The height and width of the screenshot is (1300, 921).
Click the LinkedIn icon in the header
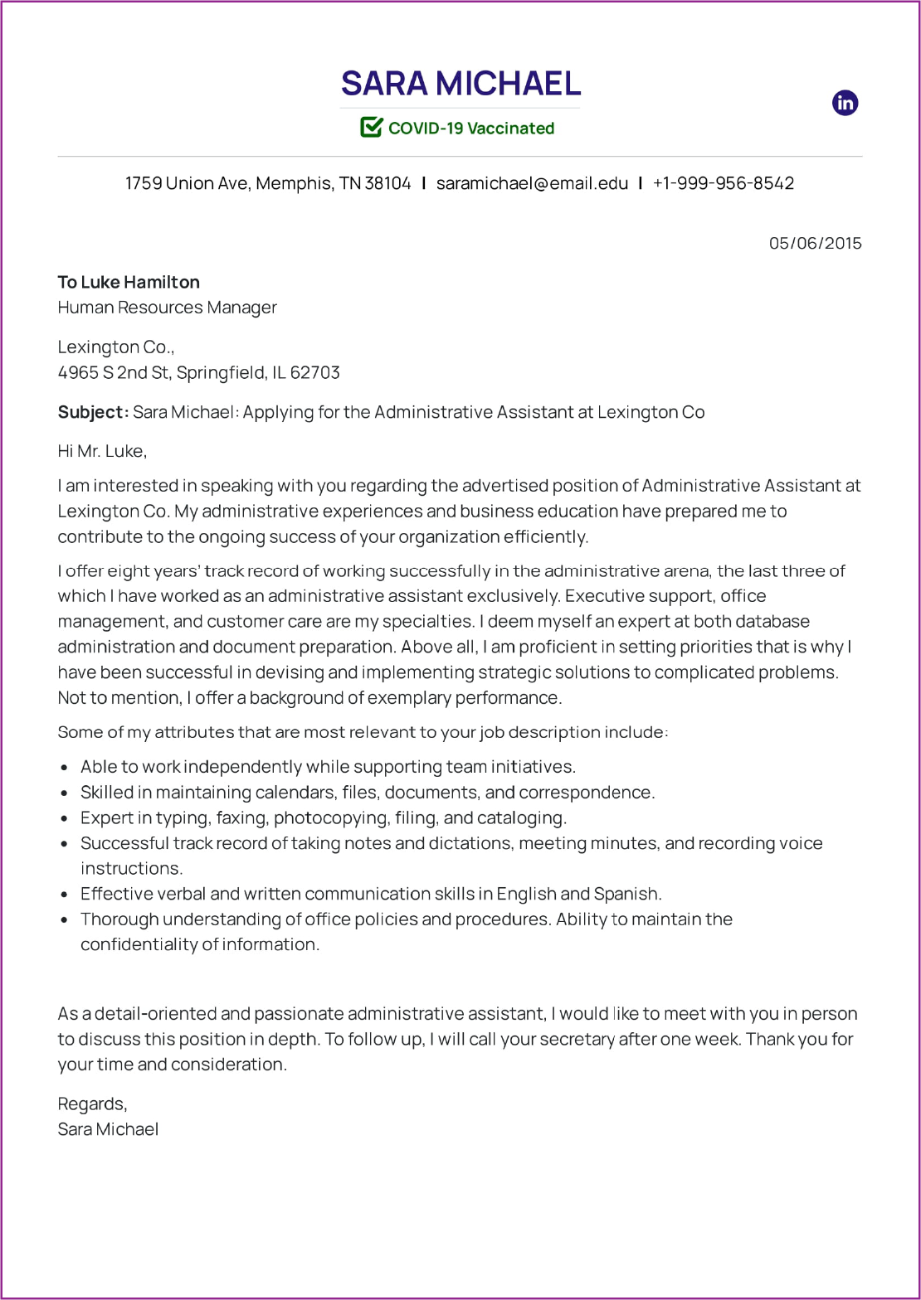[x=845, y=103]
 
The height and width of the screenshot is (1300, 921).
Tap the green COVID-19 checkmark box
[x=371, y=127]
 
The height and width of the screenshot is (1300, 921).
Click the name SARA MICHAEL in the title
[x=460, y=84]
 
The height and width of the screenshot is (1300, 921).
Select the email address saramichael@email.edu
[x=532, y=183]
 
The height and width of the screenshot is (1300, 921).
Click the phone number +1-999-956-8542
[x=723, y=183]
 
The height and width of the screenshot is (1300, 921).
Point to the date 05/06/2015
[x=815, y=243]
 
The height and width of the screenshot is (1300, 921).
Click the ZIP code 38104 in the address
[x=387, y=183]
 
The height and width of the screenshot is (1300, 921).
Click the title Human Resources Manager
[x=167, y=308]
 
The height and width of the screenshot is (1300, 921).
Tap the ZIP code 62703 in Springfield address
[x=315, y=372]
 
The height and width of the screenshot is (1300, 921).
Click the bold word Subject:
[x=93, y=412]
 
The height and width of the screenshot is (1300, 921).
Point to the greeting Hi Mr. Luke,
[x=102, y=451]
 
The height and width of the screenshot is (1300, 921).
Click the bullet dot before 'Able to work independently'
[x=65, y=768]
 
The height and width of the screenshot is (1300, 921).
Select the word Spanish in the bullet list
[x=627, y=894]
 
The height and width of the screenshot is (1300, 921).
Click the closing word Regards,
[x=92, y=1104]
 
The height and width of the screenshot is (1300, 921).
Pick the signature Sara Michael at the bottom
[x=108, y=1129]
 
